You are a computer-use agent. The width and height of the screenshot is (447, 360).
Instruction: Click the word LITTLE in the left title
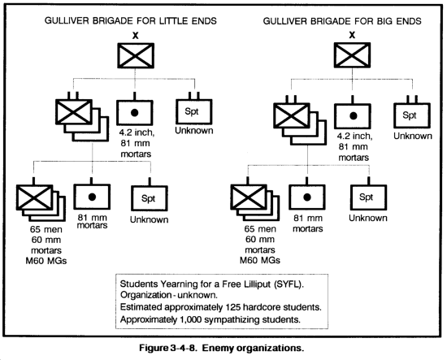click(x=174, y=21)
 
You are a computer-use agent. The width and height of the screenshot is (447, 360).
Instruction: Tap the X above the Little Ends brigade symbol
click(x=136, y=36)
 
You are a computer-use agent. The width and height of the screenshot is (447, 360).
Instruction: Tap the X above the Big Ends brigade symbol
click(x=353, y=35)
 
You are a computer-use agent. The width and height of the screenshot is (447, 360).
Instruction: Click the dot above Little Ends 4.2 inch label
click(x=135, y=113)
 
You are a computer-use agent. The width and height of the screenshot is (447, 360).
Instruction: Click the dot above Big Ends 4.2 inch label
click(x=354, y=115)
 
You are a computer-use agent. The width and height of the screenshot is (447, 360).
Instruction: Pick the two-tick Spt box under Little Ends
click(x=194, y=111)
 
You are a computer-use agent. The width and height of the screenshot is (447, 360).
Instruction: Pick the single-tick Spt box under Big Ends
click(x=369, y=197)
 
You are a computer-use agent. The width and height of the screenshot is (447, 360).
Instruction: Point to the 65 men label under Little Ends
click(x=46, y=229)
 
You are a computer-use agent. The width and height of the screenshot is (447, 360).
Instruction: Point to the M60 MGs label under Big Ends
click(x=260, y=260)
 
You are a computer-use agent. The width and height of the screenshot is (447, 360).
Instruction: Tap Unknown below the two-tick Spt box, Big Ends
click(x=413, y=136)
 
